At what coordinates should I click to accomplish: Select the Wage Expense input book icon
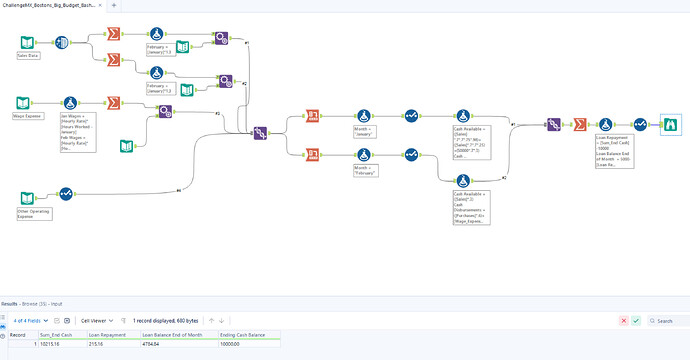tap(23, 103)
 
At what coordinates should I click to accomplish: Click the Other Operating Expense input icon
tap(28, 194)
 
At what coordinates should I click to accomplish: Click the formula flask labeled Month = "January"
tap(363, 117)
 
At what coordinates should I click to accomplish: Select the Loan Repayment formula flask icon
tap(605, 123)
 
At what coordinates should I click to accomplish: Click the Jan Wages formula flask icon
tap(70, 103)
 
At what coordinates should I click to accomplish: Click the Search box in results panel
tap(668, 320)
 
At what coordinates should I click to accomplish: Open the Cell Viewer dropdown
tap(98, 320)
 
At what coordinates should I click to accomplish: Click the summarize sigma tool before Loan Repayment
tap(579, 123)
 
